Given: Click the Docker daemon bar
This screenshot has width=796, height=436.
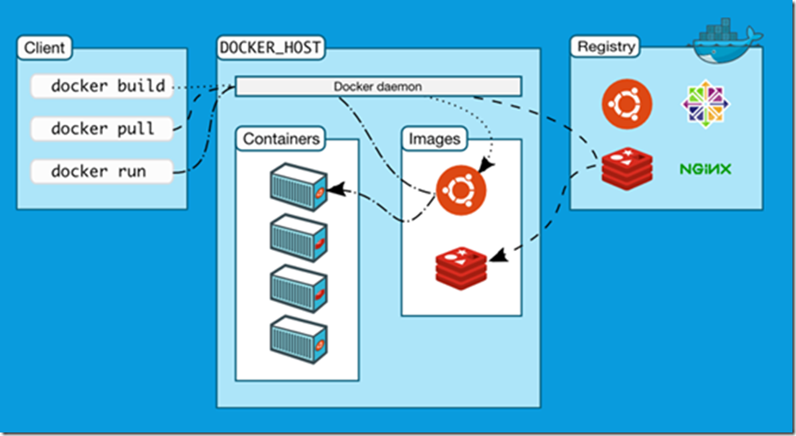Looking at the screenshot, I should (379, 86).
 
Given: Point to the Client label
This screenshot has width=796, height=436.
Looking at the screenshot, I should (42, 48).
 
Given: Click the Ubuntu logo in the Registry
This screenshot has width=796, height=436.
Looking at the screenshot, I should (626, 104).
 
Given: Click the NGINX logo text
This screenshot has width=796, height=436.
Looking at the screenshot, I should (706, 167).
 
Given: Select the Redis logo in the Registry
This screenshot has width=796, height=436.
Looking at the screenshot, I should (627, 167).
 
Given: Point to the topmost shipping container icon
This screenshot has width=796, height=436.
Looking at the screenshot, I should (298, 185).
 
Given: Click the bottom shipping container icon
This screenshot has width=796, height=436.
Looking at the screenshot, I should (298, 335).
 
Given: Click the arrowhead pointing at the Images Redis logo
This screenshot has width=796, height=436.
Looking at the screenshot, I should (495, 256).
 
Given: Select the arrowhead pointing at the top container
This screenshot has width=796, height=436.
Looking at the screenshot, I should (335, 188).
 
